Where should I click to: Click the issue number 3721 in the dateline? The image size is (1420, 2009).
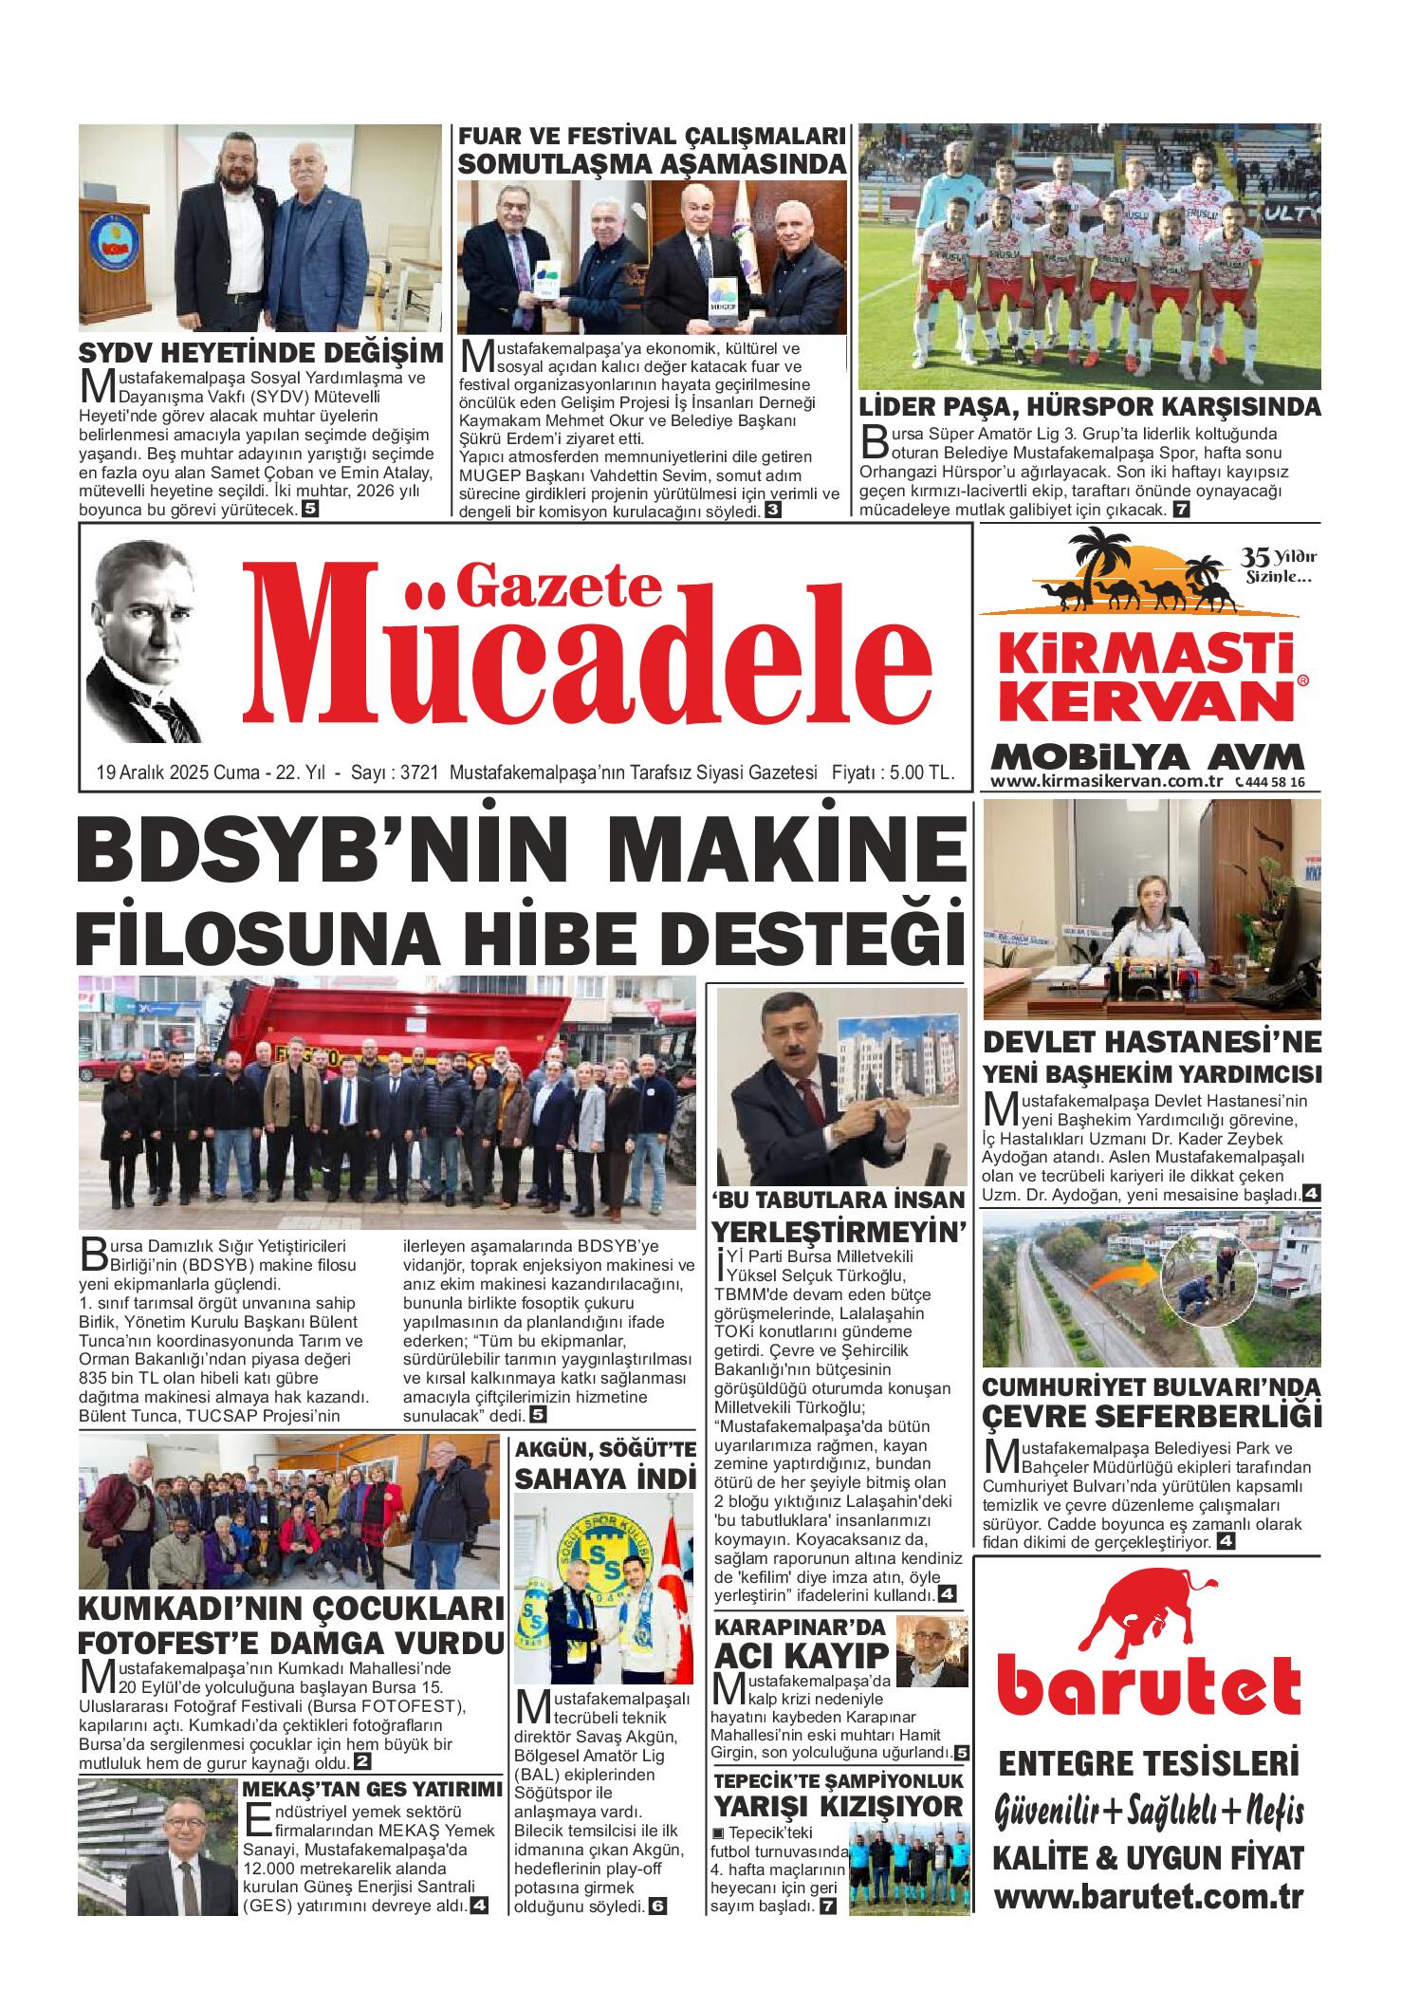click(x=419, y=772)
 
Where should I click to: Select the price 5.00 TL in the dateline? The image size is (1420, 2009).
click(x=920, y=772)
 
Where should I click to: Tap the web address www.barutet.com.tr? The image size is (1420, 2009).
click(x=1149, y=1898)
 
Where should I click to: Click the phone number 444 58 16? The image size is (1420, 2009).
click(x=1276, y=782)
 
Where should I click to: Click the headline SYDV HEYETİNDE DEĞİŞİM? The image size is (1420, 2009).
click(x=261, y=353)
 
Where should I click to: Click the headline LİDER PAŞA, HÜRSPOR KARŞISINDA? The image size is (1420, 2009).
click(x=1089, y=407)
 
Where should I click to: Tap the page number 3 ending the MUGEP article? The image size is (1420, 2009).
click(x=773, y=511)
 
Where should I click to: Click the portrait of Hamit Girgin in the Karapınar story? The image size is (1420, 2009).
click(x=931, y=1652)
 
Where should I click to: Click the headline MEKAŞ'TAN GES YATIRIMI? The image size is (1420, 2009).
click(x=372, y=1789)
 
